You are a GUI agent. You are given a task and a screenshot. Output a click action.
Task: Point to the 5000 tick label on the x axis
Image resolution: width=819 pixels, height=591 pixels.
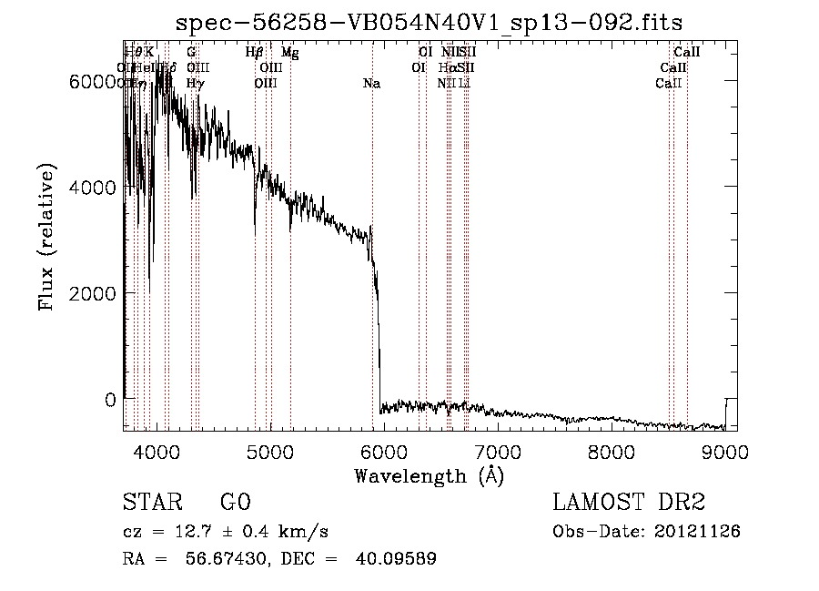click(270, 452)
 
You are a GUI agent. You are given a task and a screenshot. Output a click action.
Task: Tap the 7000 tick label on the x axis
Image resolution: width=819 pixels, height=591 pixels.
click(498, 452)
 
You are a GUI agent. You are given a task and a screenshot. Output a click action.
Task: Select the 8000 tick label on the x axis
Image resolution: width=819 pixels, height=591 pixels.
click(612, 452)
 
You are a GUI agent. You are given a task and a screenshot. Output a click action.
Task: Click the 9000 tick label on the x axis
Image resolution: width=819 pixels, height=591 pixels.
click(725, 452)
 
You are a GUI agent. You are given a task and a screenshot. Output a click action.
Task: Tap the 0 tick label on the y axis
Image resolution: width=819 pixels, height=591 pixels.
click(110, 400)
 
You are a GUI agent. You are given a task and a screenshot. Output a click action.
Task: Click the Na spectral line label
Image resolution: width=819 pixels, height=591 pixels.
click(371, 84)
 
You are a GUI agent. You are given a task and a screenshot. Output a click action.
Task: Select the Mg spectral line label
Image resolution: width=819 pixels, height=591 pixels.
click(289, 53)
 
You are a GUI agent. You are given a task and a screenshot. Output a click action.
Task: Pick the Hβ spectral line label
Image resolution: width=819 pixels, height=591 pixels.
click(255, 53)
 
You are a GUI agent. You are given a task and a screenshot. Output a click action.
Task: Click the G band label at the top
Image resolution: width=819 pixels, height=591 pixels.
click(191, 53)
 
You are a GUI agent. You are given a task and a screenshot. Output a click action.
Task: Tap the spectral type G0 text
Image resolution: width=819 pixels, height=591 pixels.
click(235, 503)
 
